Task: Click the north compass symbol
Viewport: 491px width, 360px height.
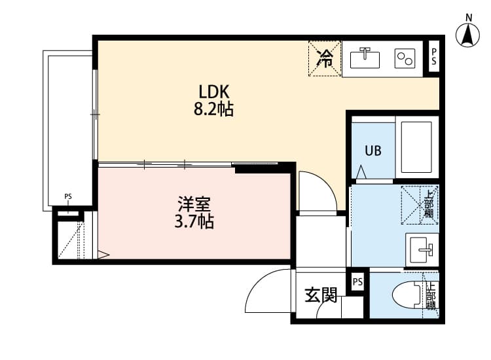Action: pyautogui.click(x=468, y=34)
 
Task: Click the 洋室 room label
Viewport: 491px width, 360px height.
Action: pyautogui.click(x=193, y=204)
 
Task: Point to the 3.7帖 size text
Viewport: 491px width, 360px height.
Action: pyautogui.click(x=193, y=222)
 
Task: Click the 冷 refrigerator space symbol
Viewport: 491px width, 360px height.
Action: pyautogui.click(x=325, y=59)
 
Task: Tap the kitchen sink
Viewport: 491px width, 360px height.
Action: pyautogui.click(x=365, y=59)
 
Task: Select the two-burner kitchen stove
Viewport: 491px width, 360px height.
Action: pyautogui.click(x=404, y=59)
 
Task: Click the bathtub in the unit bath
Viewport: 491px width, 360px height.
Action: pyautogui.click(x=417, y=147)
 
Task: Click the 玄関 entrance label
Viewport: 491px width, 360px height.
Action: pyautogui.click(x=320, y=296)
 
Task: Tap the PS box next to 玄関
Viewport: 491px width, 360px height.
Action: pyautogui.click(x=357, y=282)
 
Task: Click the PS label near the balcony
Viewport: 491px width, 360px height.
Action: pyautogui.click(x=68, y=196)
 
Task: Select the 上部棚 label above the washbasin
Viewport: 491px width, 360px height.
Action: pyautogui.click(x=429, y=204)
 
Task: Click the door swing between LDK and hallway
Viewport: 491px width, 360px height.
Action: pyautogui.click(x=318, y=191)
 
